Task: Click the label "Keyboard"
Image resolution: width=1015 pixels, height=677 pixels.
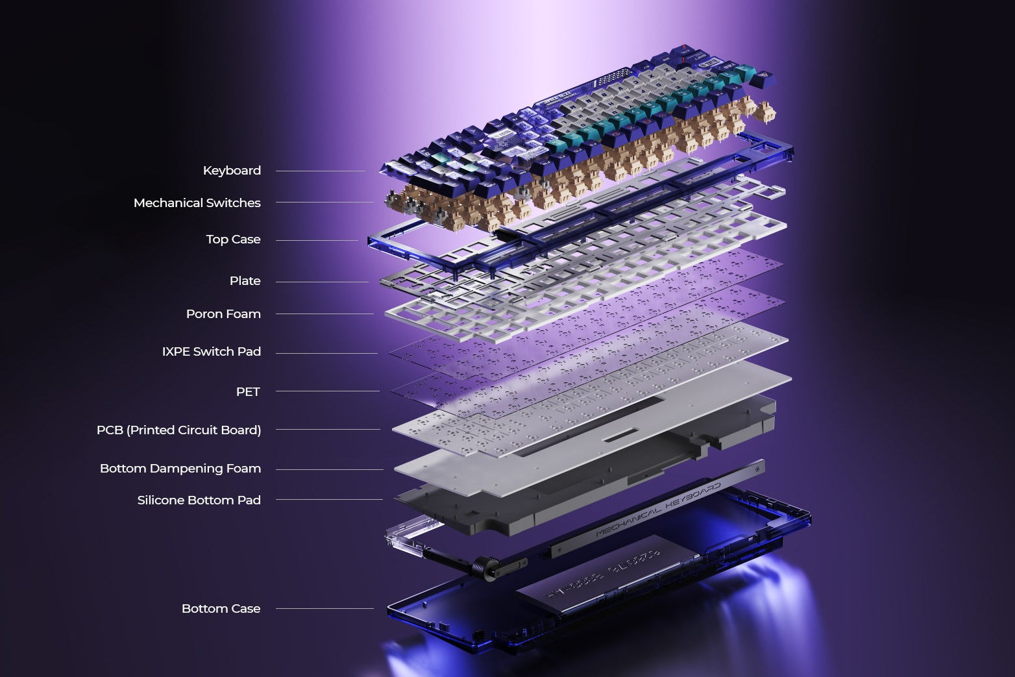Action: pos(232,171)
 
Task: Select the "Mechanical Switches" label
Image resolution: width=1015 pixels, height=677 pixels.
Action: pos(197,203)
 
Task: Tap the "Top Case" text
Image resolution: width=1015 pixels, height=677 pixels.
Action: pos(233,240)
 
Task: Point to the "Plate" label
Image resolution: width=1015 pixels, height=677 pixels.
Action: pos(245,281)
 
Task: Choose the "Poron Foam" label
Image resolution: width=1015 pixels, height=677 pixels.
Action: pos(223,314)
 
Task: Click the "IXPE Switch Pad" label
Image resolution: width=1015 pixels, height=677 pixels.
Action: pos(211,352)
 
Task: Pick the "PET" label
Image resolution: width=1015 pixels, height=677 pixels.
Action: pos(247,392)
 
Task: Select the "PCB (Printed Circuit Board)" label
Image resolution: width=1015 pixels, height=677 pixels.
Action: pos(178,430)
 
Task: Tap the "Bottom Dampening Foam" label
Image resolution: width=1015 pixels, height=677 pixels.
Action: pos(180,469)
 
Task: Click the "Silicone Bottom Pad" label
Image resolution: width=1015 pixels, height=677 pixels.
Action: pos(199,500)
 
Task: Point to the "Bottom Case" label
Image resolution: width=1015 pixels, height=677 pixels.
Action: pos(221,609)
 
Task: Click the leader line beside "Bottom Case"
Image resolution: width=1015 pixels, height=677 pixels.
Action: pos(324,609)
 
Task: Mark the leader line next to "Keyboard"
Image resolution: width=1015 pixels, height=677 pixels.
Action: pos(320,171)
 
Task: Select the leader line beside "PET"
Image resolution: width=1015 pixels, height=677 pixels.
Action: pos(327,391)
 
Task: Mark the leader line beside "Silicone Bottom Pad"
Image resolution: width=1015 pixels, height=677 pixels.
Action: pos(328,500)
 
